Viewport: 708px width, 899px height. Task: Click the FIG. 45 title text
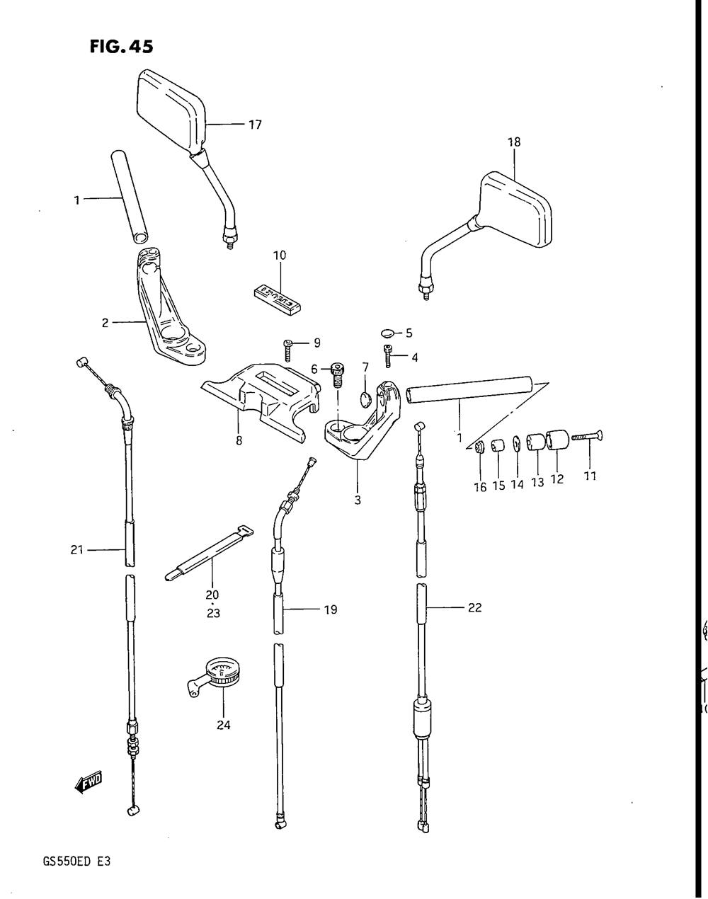tap(121, 47)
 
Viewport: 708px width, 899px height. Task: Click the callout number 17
tap(255, 125)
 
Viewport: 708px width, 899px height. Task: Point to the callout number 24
tap(224, 725)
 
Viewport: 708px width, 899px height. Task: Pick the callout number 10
tap(279, 255)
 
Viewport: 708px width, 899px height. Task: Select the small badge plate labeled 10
tap(278, 295)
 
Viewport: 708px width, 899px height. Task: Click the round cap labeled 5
tap(387, 332)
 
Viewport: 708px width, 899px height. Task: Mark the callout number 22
tap(474, 607)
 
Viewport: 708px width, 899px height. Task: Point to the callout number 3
tap(358, 500)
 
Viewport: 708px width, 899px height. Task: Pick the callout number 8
tap(239, 440)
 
